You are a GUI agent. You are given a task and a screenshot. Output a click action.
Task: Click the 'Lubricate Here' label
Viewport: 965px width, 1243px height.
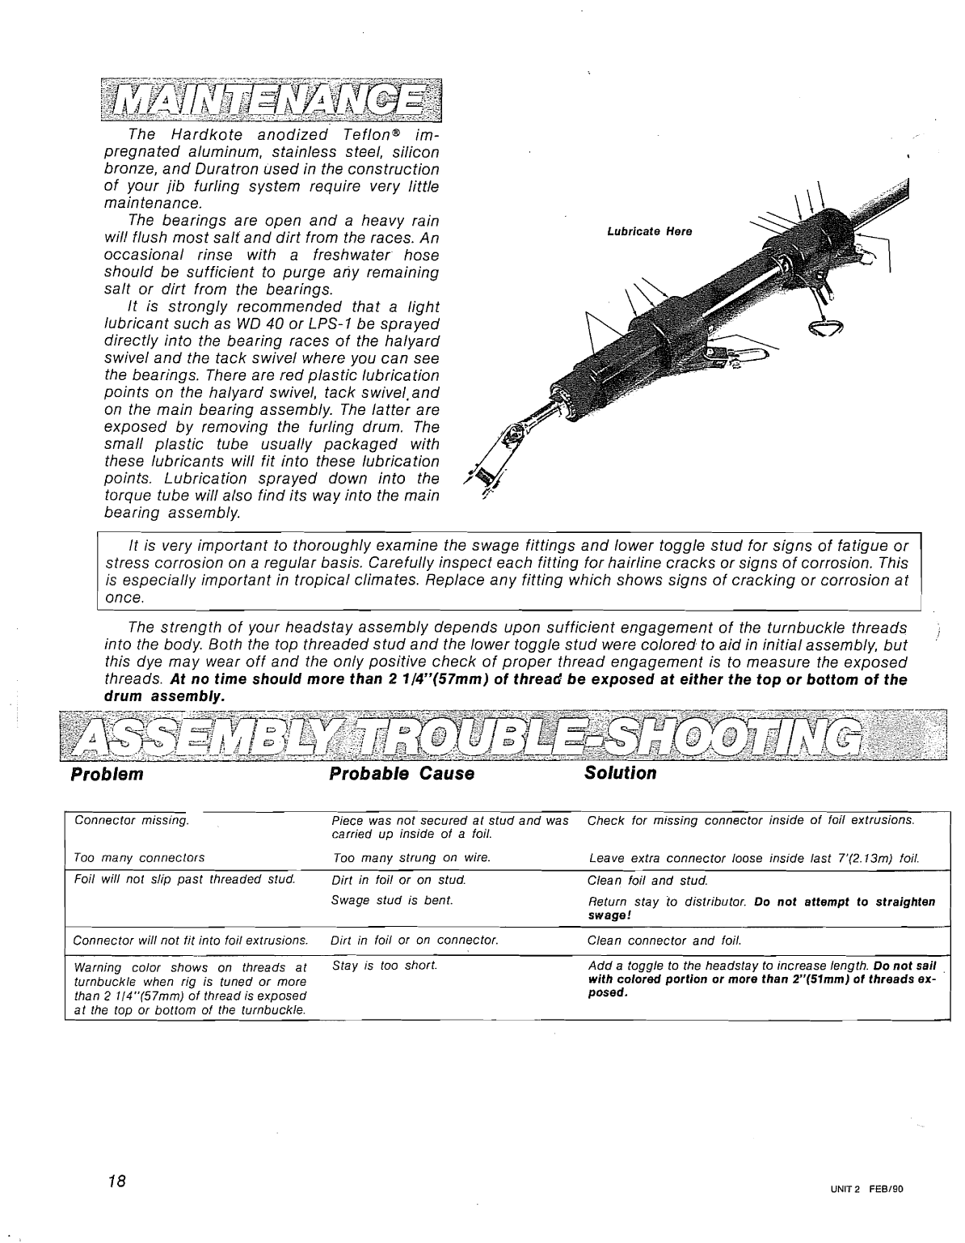(x=649, y=231)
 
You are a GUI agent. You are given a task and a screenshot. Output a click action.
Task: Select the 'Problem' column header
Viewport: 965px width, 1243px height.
(x=107, y=774)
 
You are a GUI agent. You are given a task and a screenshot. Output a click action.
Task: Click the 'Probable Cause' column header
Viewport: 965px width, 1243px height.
(x=401, y=774)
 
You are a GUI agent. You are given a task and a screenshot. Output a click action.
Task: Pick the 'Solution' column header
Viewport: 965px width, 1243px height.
(x=620, y=773)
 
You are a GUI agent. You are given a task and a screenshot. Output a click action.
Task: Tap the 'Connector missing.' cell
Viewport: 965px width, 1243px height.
(x=131, y=820)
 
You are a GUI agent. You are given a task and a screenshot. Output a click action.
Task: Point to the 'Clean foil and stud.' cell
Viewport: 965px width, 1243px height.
(x=647, y=880)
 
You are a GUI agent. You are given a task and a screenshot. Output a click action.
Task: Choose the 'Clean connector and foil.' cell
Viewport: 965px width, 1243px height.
(x=664, y=941)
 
